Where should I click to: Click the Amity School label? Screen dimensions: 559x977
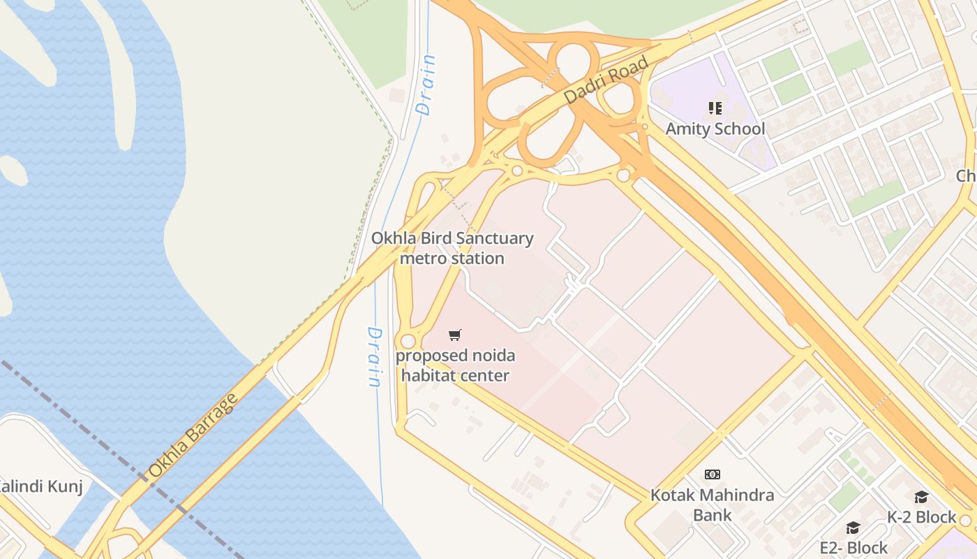[x=715, y=129]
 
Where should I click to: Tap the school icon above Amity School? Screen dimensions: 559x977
[x=715, y=108]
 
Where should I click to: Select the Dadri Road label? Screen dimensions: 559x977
[x=606, y=80]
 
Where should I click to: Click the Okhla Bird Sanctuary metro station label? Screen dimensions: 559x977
[x=452, y=248]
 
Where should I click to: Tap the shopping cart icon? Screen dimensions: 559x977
[x=455, y=335]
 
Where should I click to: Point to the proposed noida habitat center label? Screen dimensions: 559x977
[x=455, y=365]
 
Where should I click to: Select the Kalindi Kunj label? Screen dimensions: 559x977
[x=40, y=486]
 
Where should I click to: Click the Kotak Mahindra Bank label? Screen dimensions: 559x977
[x=712, y=504]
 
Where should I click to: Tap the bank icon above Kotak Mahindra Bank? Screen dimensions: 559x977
[x=712, y=474]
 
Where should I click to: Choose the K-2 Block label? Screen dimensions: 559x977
[x=921, y=517]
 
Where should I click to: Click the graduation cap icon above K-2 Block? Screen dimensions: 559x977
[x=921, y=497]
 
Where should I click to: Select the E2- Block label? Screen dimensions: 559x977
[x=853, y=547]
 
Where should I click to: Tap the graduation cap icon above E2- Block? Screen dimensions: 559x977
[x=853, y=528]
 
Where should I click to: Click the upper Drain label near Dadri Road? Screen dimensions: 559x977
[x=426, y=85]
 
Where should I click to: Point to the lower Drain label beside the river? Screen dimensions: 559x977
[x=375, y=356]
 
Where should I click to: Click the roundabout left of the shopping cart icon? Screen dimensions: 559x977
[x=408, y=342]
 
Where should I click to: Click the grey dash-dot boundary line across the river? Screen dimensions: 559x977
[x=105, y=440]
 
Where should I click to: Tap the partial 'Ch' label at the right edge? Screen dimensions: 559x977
[x=967, y=175]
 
